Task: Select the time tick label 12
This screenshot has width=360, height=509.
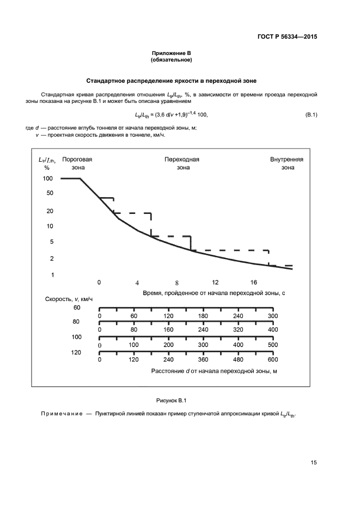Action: [215, 282]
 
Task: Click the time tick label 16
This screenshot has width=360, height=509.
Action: [253, 282]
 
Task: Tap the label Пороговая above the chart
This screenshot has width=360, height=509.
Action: [77, 160]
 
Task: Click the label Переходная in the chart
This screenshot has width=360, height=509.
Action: [182, 160]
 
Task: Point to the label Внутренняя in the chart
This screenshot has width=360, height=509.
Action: [286, 160]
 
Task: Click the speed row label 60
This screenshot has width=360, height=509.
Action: [77, 308]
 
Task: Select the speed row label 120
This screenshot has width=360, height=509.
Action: [76, 352]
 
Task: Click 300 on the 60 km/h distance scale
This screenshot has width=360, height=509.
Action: [273, 316]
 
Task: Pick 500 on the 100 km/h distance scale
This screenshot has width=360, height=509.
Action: [273, 345]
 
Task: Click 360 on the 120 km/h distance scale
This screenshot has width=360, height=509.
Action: [203, 359]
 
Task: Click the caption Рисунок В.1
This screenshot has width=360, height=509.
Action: [172, 401]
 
